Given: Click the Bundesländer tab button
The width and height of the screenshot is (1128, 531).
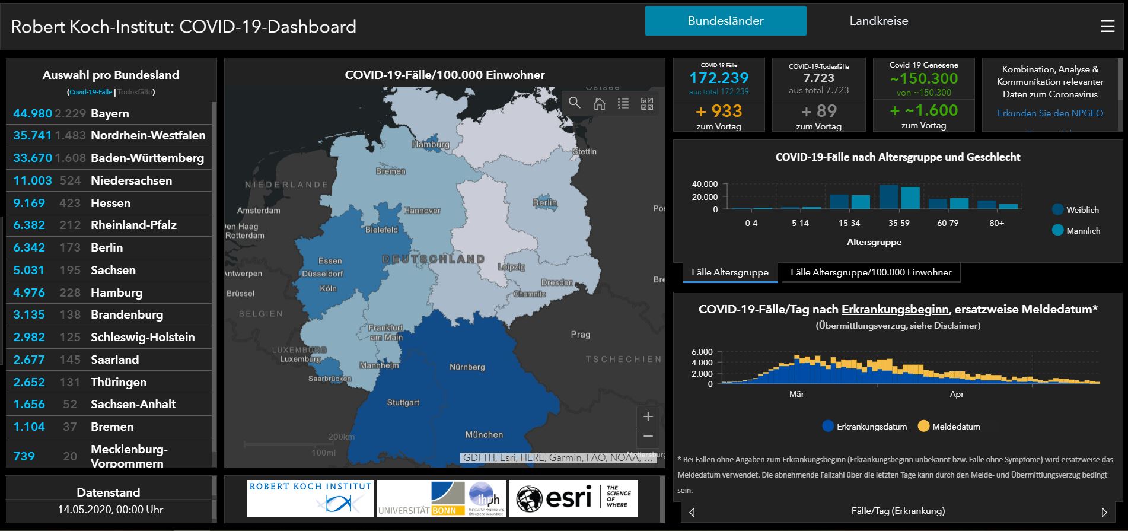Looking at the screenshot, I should coord(725,21).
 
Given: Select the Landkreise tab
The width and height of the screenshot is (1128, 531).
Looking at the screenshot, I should coord(878,21).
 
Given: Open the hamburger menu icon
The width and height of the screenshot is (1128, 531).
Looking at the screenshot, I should coord(1107,27).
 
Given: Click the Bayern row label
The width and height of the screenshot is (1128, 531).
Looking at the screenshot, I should coord(110,113).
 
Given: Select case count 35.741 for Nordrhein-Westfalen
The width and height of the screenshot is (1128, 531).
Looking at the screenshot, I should coord(32,135).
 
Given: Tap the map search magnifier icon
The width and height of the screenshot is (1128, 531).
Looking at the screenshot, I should coord(574,103).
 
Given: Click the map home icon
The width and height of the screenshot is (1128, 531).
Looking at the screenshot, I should coord(599,104).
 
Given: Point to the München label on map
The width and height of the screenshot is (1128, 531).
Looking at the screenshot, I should coord(483,435).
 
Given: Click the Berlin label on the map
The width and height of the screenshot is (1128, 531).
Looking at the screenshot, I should coord(544,203).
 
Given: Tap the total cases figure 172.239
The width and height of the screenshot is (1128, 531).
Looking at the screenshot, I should coord(718,78).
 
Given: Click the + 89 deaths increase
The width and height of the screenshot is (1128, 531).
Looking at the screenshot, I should coord(818,111).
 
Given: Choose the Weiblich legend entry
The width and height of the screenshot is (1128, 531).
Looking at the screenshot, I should coord(1082,210).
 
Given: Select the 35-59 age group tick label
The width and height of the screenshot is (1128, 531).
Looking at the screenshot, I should coord(898,224).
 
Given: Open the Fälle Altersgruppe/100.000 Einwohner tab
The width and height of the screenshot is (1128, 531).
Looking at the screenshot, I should coord(870,272).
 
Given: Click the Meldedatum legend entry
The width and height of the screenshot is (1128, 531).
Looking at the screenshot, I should coord(955,427).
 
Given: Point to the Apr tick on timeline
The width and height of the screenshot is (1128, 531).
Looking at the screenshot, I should coord(956,395).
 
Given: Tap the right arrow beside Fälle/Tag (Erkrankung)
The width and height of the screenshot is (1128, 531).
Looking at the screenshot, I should coord(1104,511).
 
